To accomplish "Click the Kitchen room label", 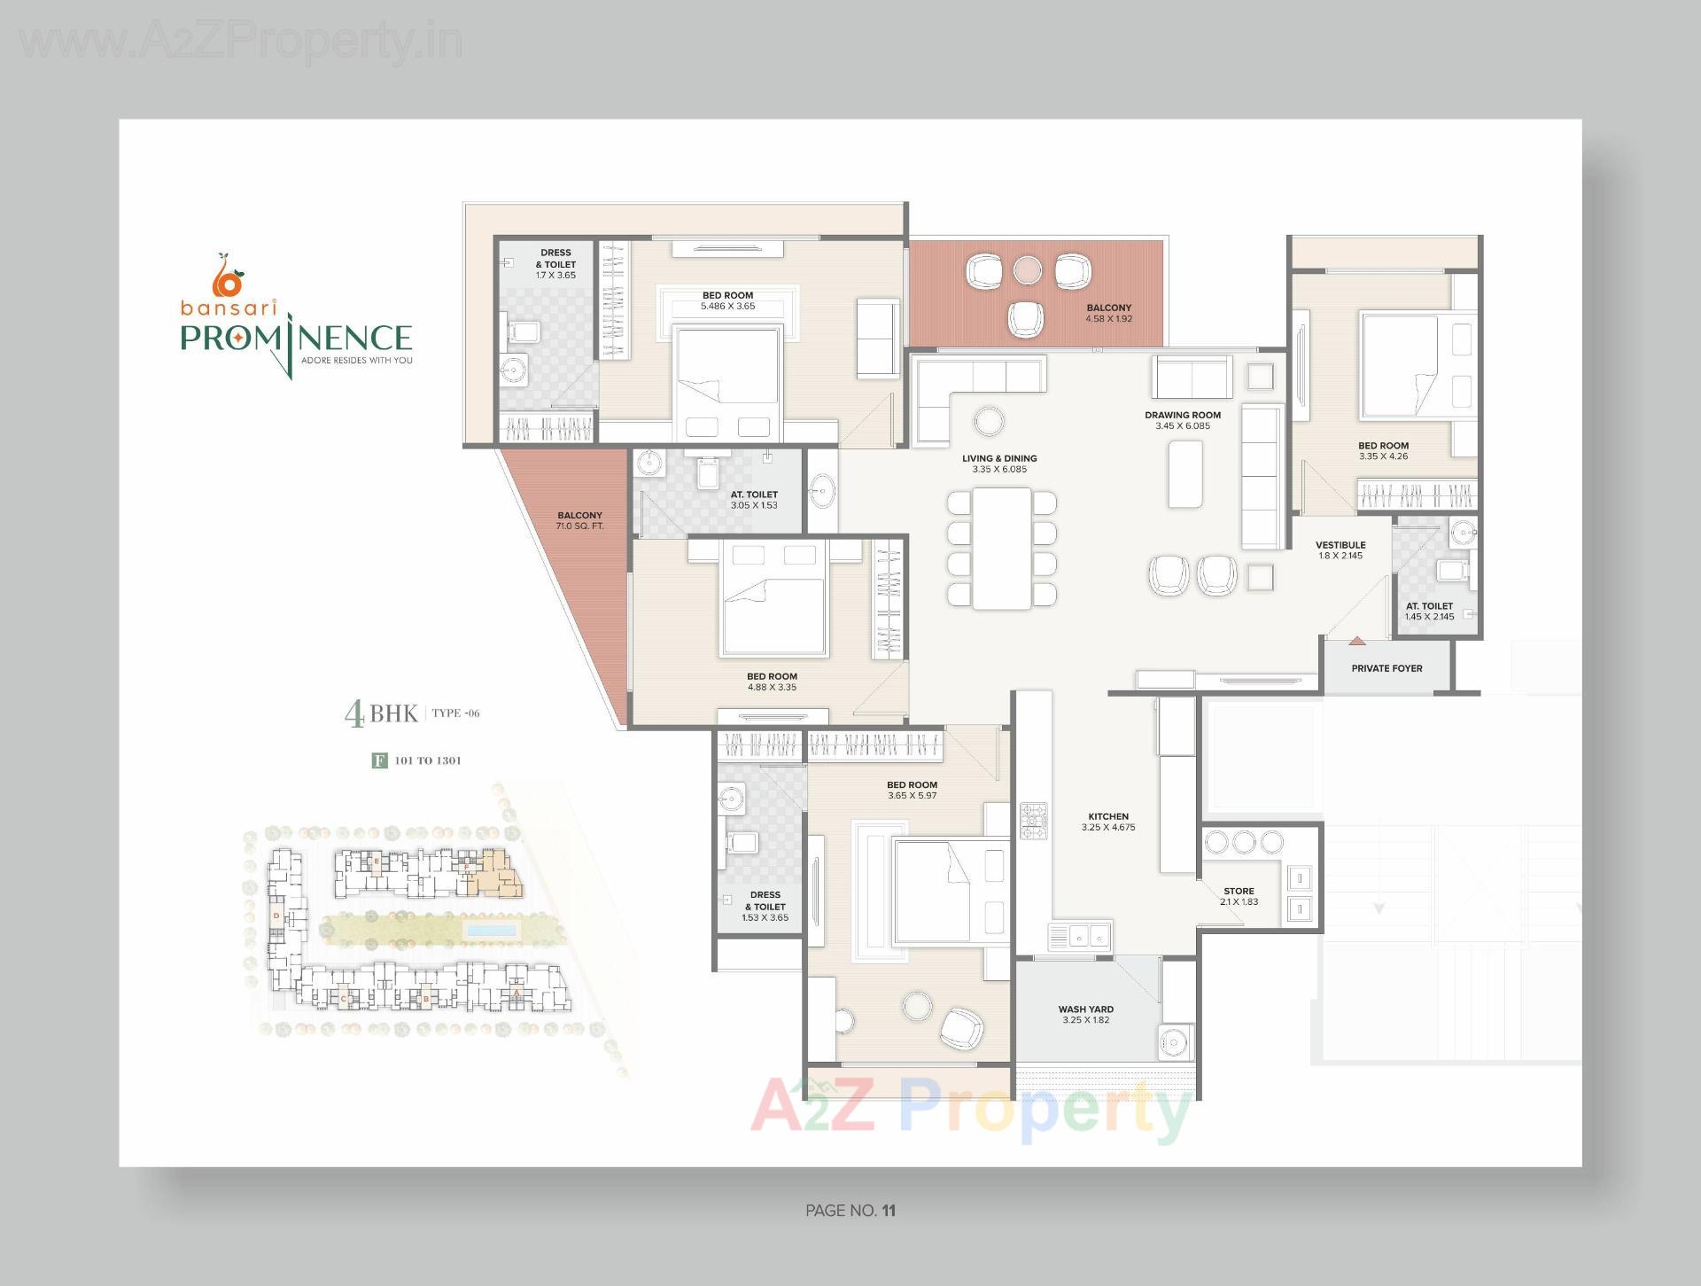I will coord(1108,816).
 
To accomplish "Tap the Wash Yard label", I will coord(1085,1009).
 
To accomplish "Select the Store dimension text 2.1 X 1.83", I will coord(1239,902).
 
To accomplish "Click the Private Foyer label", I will coord(1386,668).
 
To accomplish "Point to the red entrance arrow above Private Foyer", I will coord(1356,640).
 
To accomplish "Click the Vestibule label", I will coord(1340,545).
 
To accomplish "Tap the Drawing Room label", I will coord(1182,415).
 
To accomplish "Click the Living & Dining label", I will coord(999,458).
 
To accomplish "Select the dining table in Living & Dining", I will coord(1002,548).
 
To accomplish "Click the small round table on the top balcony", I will coord(1028,269).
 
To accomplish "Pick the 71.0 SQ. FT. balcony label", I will coord(579,526).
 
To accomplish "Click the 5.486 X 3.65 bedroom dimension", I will coord(727,307).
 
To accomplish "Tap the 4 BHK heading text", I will coord(381,713).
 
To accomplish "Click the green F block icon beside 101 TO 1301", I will coord(379,760).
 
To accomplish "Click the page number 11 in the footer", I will coord(889,1211).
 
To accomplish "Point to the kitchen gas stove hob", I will coord(1033,822).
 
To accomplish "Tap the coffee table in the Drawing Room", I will coord(1185,474).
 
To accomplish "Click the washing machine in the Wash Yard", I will coord(1177,1040).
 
